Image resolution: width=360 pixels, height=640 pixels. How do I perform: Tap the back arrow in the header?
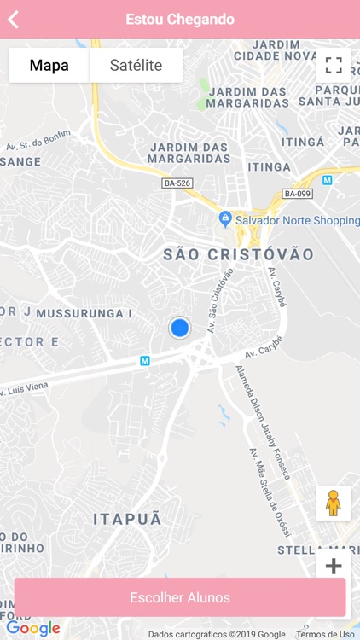point(13,19)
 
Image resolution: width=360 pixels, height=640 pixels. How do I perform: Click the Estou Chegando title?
point(180,19)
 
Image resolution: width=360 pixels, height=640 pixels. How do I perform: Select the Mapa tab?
point(49,65)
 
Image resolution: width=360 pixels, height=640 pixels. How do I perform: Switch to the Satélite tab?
point(136,65)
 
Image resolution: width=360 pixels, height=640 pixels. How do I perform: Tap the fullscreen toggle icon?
point(334,65)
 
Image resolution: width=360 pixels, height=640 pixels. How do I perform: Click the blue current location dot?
point(179,327)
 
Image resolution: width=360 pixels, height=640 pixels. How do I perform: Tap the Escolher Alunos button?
point(180,597)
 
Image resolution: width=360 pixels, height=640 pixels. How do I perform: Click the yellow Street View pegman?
point(334,503)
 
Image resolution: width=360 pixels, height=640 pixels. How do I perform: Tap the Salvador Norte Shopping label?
point(298,219)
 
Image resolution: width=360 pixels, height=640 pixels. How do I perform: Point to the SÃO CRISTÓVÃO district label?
point(238,254)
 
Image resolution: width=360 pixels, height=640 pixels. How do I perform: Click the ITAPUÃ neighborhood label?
point(127,519)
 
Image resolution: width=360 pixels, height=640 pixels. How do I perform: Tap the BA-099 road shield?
point(298,194)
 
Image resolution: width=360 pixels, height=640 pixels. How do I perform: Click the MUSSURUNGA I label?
point(84,313)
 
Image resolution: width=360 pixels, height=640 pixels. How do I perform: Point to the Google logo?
point(32,629)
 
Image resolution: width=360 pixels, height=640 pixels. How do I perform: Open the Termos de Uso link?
point(325,634)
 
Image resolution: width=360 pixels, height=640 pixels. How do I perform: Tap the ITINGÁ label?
point(297,142)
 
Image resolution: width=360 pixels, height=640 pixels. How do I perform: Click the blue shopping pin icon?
point(225,218)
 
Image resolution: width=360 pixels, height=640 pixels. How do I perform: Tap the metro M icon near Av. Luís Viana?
point(145,361)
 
